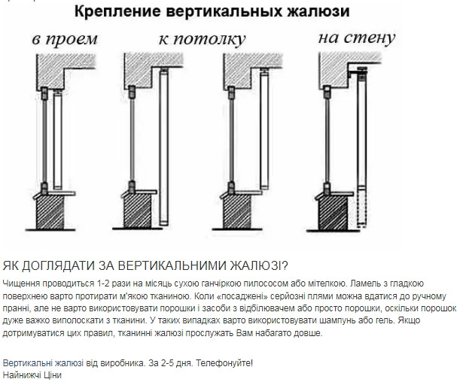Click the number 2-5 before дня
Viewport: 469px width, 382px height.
(x=166, y=362)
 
